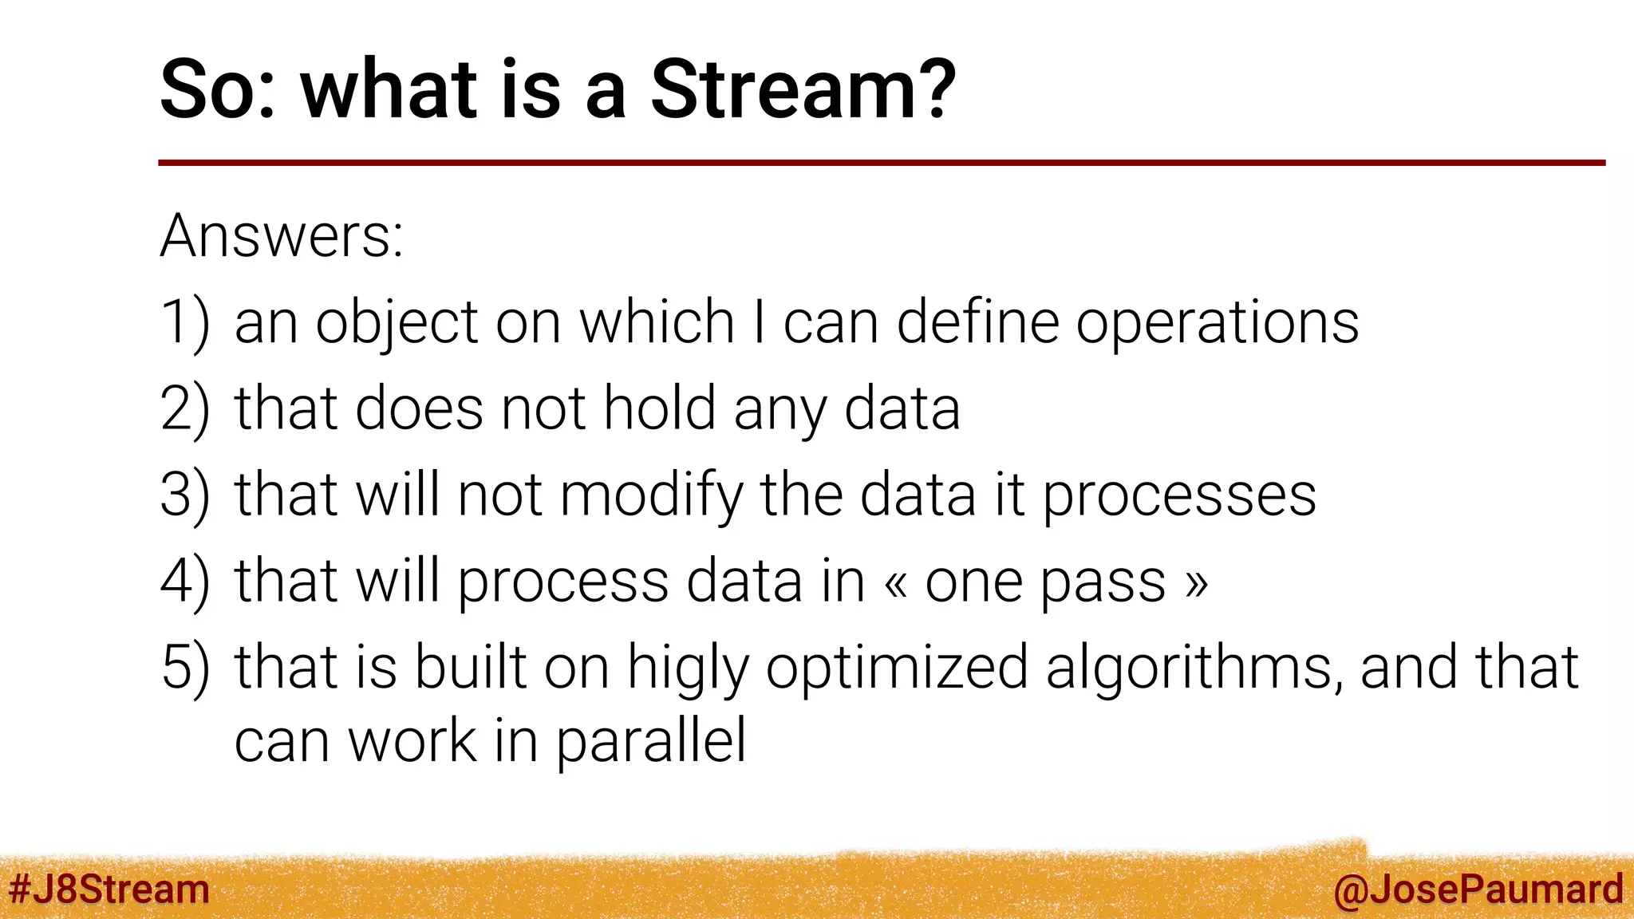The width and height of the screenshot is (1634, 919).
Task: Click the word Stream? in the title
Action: click(x=803, y=89)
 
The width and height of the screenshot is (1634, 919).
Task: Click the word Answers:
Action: click(x=282, y=236)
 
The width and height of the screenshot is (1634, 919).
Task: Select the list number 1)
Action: click(x=185, y=322)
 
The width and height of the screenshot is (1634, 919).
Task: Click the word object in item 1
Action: click(x=397, y=324)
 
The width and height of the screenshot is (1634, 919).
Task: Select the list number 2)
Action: click(x=185, y=408)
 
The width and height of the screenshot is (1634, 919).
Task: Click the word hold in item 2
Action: click(x=659, y=408)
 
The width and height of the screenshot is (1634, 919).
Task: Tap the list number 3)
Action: click(x=185, y=495)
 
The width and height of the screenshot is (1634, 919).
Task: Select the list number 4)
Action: click(x=185, y=581)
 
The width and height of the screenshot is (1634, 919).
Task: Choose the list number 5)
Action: click(x=185, y=667)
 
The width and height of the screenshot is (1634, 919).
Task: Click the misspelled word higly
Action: click(x=689, y=669)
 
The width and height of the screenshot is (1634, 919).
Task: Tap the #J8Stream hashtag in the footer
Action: click(x=109, y=889)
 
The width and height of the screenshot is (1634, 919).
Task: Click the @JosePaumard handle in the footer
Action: click(x=1478, y=889)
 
